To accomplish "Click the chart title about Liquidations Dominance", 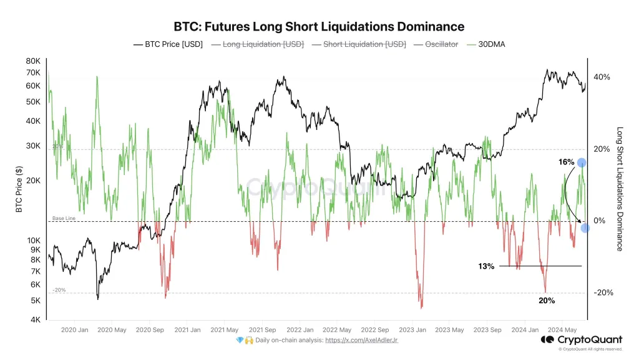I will tap(318, 27).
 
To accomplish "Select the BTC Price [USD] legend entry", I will tap(168, 44).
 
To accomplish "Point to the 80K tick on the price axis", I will tap(32, 61).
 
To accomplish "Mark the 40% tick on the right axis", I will tap(602, 77).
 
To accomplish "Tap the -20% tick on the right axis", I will tap(600, 292).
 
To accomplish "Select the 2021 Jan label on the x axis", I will tap(187, 329).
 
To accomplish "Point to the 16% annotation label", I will tap(566, 162).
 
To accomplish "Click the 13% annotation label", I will tap(486, 266).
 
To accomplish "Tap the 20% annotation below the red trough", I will tap(547, 301).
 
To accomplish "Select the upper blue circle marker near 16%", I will tap(582, 162).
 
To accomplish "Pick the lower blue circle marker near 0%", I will tap(585, 228).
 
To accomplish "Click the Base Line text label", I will tap(64, 218).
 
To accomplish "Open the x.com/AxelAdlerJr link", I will tap(361, 340).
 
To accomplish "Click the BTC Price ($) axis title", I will tap(19, 189).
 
